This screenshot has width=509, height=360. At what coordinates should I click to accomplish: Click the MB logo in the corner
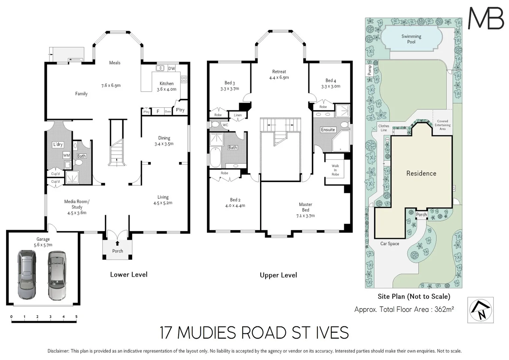(x=486, y=18)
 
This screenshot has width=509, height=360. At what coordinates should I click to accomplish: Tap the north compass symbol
(x=480, y=310)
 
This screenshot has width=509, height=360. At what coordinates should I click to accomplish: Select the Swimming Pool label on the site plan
(x=411, y=39)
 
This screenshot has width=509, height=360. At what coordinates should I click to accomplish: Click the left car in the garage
(x=27, y=275)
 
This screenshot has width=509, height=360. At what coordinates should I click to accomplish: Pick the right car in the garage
(x=57, y=275)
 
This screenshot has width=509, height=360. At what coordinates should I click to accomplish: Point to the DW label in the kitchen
(x=171, y=69)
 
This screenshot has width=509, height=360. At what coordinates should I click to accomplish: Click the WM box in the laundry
(x=67, y=155)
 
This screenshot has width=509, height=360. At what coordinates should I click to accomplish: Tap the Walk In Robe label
(x=335, y=170)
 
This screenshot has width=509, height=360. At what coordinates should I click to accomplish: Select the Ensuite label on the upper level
(x=328, y=130)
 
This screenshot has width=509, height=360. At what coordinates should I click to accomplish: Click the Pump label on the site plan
(x=369, y=70)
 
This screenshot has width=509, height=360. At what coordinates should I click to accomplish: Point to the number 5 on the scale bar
(x=76, y=317)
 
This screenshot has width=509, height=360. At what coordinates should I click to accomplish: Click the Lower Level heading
(x=129, y=275)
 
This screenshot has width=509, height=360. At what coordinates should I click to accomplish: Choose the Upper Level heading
(x=278, y=275)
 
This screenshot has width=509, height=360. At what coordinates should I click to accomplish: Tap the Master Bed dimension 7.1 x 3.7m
(x=305, y=216)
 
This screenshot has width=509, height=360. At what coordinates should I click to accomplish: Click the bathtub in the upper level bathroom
(x=215, y=157)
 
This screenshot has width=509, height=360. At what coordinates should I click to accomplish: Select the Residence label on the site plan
(x=421, y=173)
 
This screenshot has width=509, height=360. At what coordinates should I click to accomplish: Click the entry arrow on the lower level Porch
(x=117, y=243)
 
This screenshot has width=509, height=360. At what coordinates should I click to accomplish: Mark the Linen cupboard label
(x=238, y=115)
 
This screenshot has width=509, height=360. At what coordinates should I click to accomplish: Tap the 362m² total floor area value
(x=444, y=309)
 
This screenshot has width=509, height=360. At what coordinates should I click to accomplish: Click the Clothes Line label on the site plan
(x=384, y=128)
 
